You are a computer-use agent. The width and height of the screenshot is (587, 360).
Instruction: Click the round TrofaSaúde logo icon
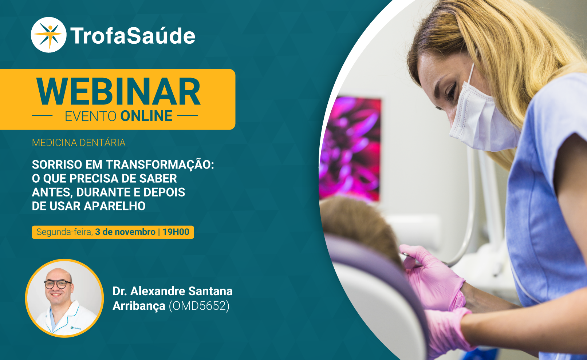click(x=48, y=35)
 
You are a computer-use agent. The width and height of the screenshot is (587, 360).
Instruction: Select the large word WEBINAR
click(x=118, y=92)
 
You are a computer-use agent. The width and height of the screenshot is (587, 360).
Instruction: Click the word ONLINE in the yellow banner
click(x=146, y=116)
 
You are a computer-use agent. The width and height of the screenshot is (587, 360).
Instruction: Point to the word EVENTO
click(x=90, y=116)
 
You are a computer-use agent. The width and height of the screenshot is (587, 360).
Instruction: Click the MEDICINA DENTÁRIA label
click(x=79, y=143)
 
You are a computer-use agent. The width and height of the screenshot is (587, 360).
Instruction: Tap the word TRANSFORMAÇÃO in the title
click(x=160, y=165)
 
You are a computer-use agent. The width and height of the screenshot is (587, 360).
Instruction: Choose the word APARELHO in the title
click(x=114, y=206)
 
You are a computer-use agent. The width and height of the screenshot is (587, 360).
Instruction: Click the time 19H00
click(x=176, y=232)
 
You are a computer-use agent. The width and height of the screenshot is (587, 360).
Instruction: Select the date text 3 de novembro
click(x=125, y=232)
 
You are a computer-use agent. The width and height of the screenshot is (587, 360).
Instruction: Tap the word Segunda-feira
click(x=64, y=232)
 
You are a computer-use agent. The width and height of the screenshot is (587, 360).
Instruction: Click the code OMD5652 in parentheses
click(x=199, y=306)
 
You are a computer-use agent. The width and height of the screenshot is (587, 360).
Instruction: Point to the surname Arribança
click(x=139, y=306)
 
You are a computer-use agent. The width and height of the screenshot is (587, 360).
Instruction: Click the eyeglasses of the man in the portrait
click(x=58, y=284)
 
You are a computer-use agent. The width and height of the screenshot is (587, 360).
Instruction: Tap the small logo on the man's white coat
click(x=76, y=328)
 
